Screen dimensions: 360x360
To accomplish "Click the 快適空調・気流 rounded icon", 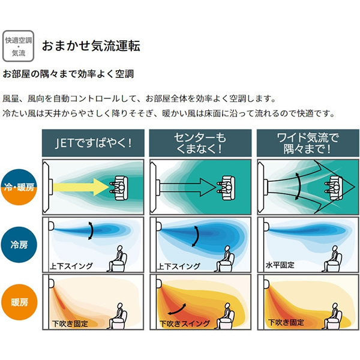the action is coord(18,46).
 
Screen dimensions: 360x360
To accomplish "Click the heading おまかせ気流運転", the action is coord(91,46).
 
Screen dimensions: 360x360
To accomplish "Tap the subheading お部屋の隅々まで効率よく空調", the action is coord(68,74).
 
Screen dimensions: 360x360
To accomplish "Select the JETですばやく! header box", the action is coord(93,143).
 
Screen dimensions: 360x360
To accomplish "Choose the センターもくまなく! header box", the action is coord(200,143).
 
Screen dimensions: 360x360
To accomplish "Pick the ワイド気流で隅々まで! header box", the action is coord(308,143).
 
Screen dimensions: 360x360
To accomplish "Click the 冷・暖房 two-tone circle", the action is coord(19,187).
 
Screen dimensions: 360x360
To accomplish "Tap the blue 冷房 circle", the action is coord(19,245).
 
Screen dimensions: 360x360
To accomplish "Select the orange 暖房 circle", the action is coord(19,302).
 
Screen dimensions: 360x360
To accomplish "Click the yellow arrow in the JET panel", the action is coord(80,187).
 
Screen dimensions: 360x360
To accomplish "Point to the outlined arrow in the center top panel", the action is coord(188,187).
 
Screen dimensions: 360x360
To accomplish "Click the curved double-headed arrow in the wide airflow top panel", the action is coord(299,186).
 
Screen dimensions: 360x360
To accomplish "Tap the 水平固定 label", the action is coord(280,265).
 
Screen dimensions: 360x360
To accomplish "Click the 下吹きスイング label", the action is coord(185,323).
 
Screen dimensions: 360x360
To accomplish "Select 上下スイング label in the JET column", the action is coord(71,266).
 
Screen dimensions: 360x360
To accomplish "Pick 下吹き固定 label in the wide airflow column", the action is coord(286,322).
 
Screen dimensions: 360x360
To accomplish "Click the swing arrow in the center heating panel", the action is coord(177,309).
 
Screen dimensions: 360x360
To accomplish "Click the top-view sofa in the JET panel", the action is coord(119,187).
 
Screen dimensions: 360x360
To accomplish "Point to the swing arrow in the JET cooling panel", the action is coord(92,230).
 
